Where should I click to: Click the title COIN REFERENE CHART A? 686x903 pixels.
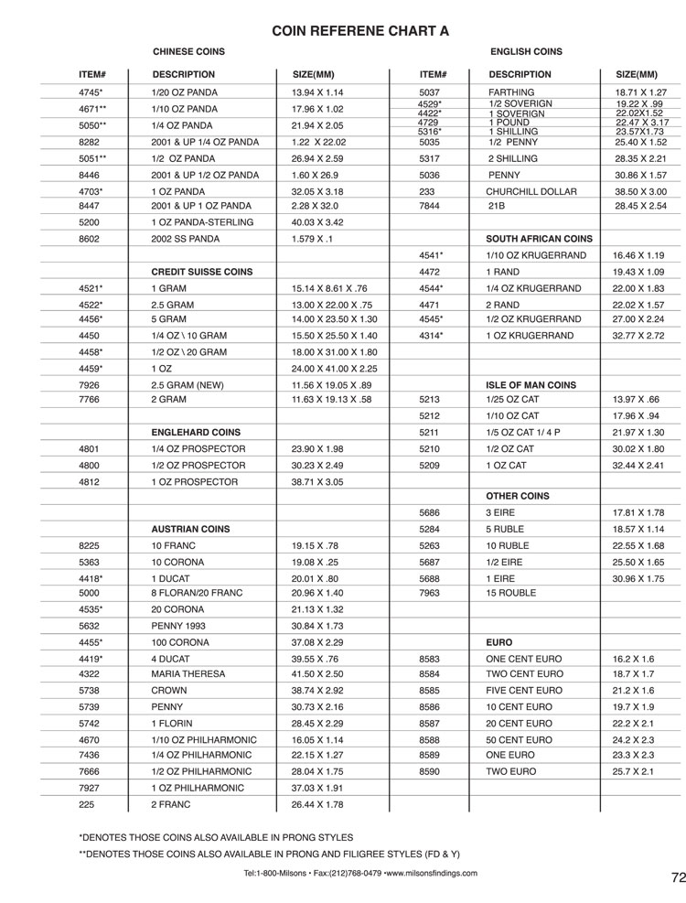(360, 30)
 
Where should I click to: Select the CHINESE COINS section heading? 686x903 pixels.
(188, 52)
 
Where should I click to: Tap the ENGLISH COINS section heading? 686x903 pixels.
(526, 52)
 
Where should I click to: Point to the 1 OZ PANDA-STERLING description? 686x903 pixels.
(196, 221)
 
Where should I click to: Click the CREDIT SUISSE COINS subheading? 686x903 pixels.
(202, 272)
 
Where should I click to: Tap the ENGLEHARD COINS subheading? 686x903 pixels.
(196, 432)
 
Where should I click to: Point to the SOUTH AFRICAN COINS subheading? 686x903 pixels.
(540, 238)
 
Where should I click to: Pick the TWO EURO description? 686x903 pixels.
(512, 772)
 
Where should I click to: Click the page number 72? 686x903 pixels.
(677, 877)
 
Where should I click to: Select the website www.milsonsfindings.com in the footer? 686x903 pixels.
(431, 873)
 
